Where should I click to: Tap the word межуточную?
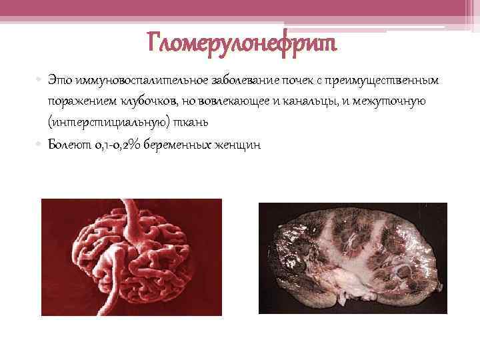point(390,101)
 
